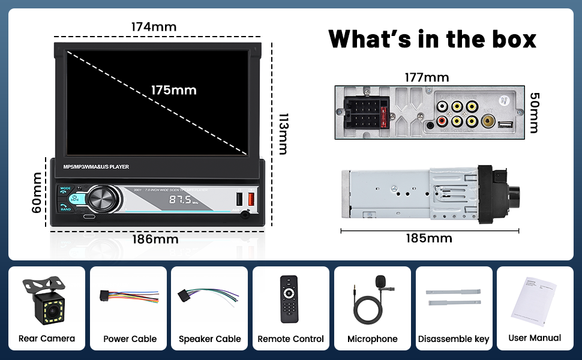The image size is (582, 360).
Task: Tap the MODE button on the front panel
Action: [x=65, y=188]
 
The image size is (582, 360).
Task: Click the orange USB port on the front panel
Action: [x=251, y=199]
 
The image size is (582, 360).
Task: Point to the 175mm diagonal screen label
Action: [x=173, y=90]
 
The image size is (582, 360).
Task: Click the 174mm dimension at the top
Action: [x=154, y=27]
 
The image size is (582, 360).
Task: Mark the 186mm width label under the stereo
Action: [x=155, y=239]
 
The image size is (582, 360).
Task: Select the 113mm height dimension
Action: [x=283, y=133]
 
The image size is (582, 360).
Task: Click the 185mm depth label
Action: [x=428, y=238]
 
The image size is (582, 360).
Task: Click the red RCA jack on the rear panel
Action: [x=442, y=122]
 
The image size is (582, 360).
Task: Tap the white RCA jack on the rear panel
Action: [x=442, y=107]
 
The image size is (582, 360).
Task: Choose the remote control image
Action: [x=290, y=298]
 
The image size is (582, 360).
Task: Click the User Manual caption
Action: [x=535, y=338]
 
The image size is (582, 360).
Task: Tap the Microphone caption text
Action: [x=372, y=339]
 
